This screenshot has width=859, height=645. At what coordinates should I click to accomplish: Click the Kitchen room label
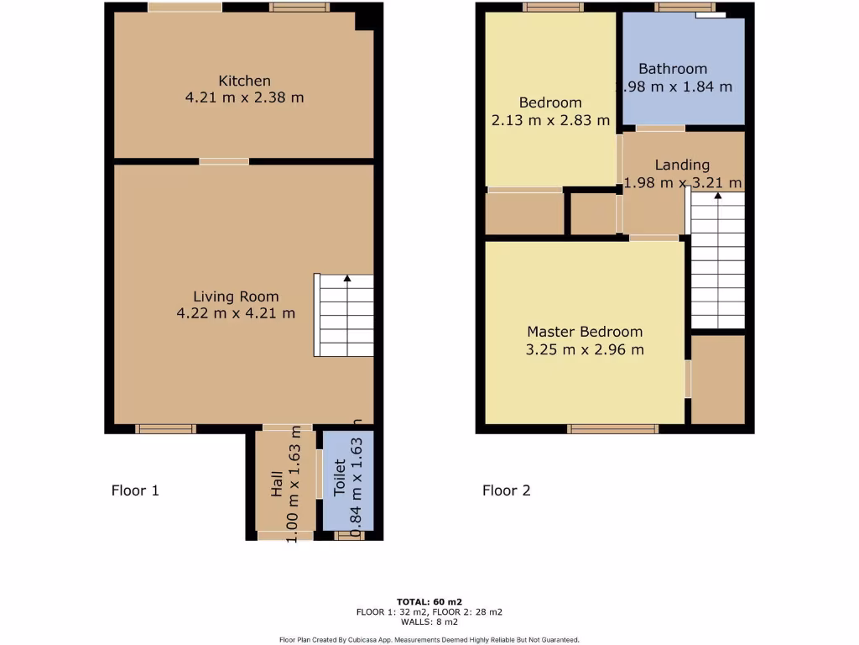tap(244, 81)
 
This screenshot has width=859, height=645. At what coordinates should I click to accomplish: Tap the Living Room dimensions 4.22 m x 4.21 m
tap(236, 313)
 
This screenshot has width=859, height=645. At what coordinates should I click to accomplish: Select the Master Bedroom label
tap(585, 332)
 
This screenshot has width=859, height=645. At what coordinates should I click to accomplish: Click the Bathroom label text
tap(673, 69)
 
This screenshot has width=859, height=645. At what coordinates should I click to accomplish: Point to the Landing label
tap(682, 165)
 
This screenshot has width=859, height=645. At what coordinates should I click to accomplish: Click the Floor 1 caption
tap(135, 490)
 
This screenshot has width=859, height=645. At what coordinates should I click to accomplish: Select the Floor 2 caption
tap(506, 490)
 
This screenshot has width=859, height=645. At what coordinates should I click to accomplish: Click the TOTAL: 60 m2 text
tap(429, 601)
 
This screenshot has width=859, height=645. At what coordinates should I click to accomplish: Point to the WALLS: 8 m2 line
tap(429, 621)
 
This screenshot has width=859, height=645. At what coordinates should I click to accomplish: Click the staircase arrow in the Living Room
tap(347, 278)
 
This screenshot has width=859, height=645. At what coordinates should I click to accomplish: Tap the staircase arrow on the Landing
tap(717, 197)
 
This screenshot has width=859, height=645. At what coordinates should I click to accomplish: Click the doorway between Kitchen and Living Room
tap(224, 160)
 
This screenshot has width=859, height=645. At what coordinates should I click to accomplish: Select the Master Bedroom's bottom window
tap(612, 428)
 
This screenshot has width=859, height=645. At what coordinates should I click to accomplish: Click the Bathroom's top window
tap(679, 8)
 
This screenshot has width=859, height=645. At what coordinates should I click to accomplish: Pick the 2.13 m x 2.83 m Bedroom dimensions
tap(550, 120)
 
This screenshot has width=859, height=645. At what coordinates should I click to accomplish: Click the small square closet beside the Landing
tap(594, 214)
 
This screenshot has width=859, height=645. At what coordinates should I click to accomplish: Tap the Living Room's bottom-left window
tap(165, 428)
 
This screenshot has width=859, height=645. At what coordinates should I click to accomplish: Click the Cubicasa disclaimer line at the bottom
tap(429, 639)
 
